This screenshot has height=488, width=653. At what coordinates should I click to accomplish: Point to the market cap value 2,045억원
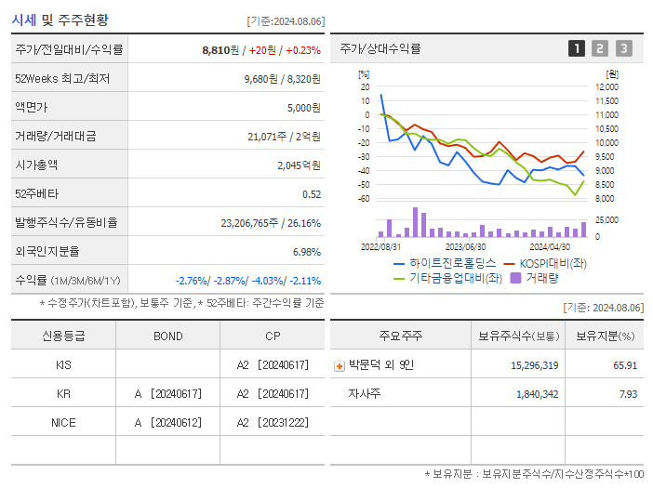299,165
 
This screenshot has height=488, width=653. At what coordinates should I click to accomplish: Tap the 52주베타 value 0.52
312,193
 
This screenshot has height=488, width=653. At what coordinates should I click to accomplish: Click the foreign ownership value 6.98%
306,251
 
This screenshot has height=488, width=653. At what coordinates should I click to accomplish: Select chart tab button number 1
577,48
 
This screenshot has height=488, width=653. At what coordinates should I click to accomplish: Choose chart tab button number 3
623,48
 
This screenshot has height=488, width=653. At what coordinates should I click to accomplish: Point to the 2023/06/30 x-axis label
465,246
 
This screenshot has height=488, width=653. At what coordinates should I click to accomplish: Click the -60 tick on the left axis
364,199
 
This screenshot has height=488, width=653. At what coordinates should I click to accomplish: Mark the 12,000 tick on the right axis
606,87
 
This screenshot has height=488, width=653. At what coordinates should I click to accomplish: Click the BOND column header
167,336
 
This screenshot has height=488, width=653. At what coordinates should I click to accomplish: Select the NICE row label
63,422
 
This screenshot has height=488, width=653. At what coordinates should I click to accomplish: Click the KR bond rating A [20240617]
167,393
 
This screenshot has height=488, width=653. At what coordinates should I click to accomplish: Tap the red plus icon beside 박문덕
339,365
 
